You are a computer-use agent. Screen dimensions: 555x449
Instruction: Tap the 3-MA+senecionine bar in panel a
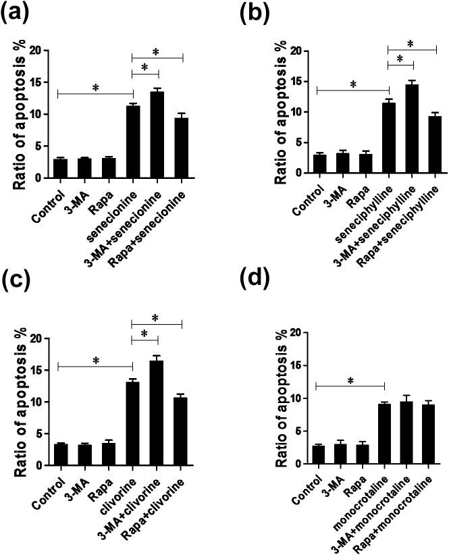tap(157, 135)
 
